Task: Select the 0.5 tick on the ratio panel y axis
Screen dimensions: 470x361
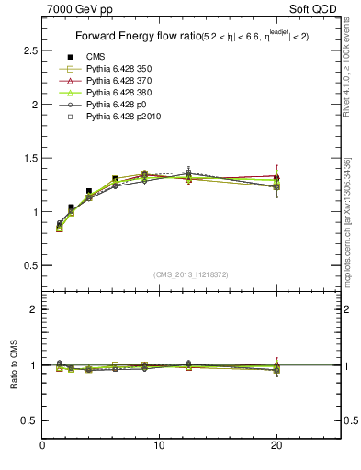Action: tap(30, 420)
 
